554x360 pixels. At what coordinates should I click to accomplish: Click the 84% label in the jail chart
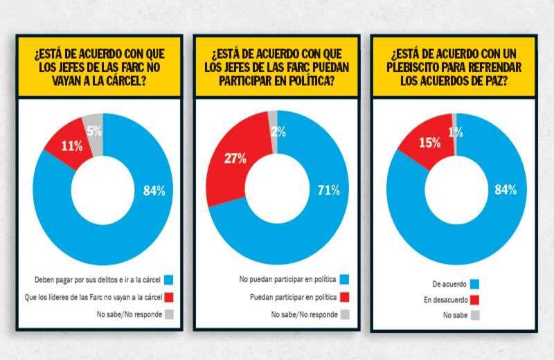coord(153,191)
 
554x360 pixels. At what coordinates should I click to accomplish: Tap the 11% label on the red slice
coord(71,146)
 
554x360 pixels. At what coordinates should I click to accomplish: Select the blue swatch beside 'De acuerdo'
coord(474,284)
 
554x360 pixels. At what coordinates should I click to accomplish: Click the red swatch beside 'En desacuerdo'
coord(474,300)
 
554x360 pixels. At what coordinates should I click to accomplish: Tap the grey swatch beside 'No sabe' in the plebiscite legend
coord(474,316)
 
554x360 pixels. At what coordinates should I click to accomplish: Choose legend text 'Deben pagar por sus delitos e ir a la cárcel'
coord(95,280)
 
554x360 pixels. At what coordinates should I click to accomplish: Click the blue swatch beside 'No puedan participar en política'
coord(345,280)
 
